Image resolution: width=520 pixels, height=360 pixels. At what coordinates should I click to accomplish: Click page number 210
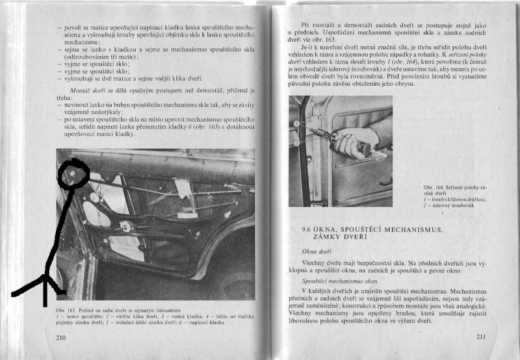(x=62, y=337)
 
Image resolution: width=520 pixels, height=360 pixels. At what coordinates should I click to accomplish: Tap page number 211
(x=481, y=337)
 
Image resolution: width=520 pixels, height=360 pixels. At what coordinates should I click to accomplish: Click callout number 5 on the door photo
(x=235, y=164)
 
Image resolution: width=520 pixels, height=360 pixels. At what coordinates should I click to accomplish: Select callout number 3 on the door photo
(x=166, y=159)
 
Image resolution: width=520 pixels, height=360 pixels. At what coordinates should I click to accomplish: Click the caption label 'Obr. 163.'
(x=67, y=311)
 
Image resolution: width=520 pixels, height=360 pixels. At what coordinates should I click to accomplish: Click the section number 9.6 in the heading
(x=308, y=230)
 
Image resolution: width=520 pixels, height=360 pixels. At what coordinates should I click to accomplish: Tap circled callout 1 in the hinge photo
(x=296, y=123)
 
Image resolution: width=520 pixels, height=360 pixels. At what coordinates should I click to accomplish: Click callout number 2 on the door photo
(x=131, y=157)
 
